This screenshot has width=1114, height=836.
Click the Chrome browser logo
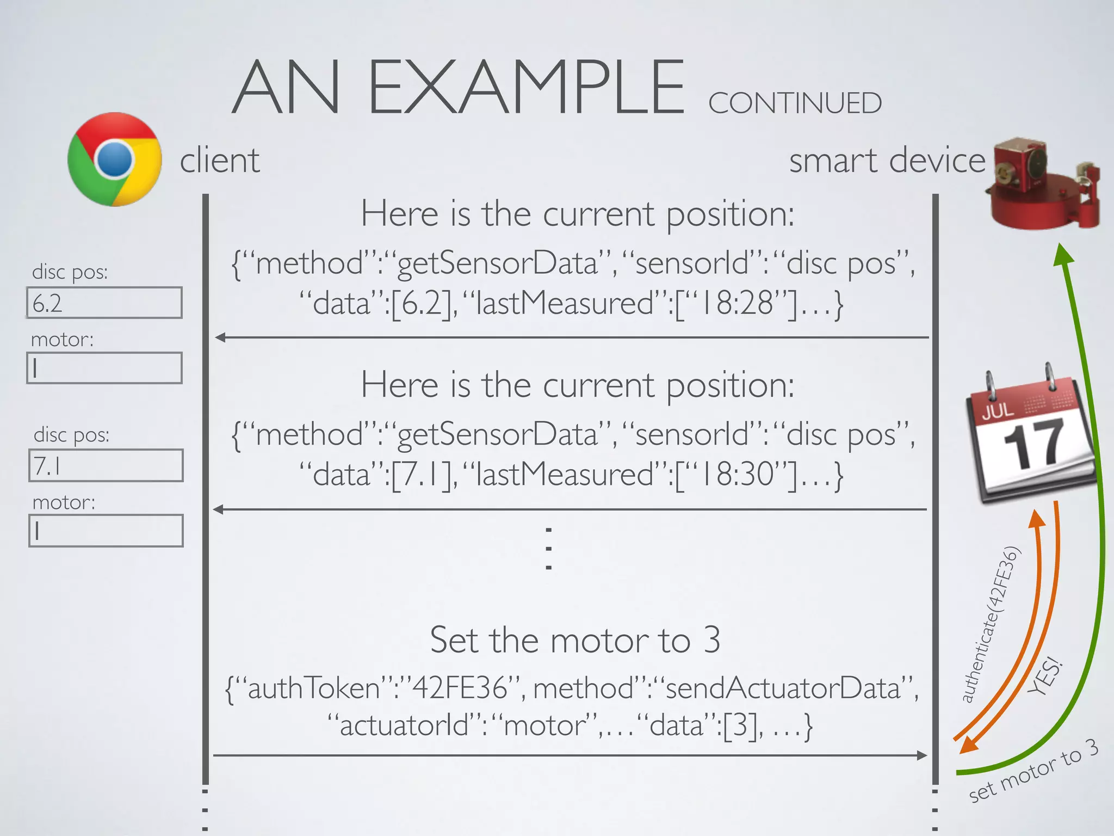coord(115,159)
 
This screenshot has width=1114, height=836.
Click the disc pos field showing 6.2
coord(104,303)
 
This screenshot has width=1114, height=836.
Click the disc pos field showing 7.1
coord(106,465)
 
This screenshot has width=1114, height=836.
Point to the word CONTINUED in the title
coord(795,103)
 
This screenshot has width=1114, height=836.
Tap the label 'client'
coord(220,161)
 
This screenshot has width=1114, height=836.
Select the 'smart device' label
coord(887,161)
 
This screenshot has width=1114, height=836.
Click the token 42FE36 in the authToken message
coord(460,688)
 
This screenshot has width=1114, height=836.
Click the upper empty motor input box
coord(104,368)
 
